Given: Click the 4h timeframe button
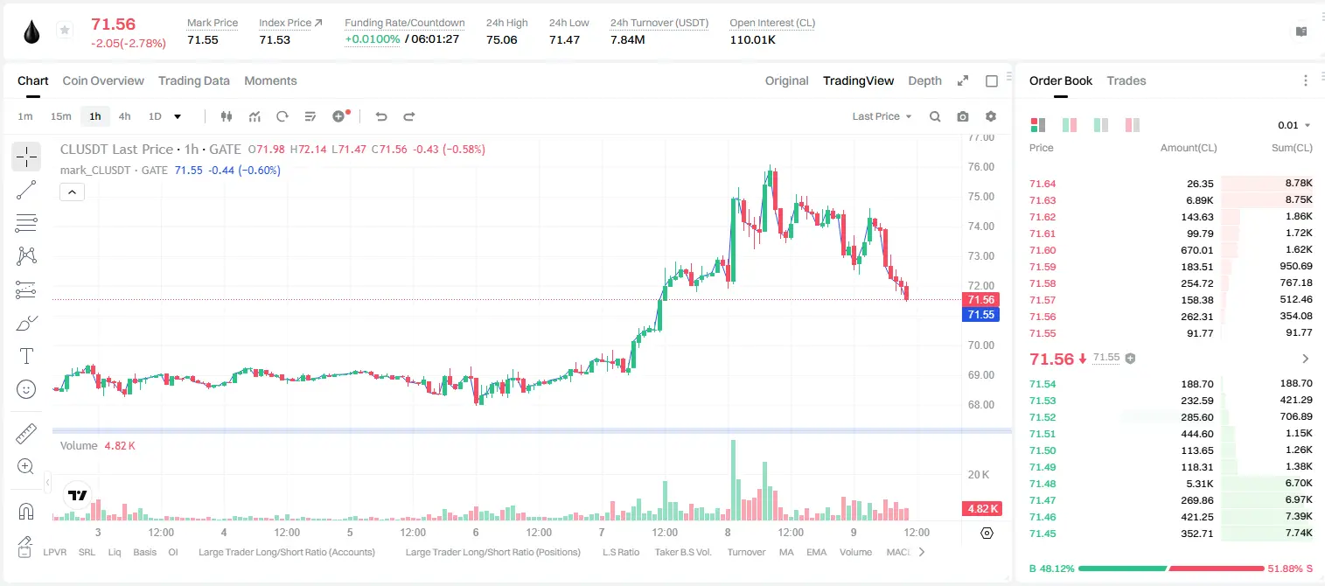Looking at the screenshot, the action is tap(124, 116).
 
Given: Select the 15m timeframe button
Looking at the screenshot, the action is tap(61, 116).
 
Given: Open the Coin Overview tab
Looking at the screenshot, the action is tap(103, 80).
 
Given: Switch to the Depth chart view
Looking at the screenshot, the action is tap(924, 80).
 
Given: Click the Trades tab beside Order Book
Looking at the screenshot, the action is tap(1126, 80).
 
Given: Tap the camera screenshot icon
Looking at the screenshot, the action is tap(963, 116).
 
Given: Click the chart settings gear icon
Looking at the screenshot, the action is tap(991, 116).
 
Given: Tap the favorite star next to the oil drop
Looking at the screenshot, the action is tap(65, 30).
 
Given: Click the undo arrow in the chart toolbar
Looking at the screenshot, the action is tap(381, 116).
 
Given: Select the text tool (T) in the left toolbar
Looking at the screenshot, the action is tap(26, 356).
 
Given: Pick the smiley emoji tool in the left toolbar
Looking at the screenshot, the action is tap(26, 389).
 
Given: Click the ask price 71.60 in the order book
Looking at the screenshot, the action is tap(1043, 250).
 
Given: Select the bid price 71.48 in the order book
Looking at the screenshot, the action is tap(1043, 484).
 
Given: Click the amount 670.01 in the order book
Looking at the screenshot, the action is tap(1196, 250).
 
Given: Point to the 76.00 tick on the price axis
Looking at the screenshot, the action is tap(980, 167).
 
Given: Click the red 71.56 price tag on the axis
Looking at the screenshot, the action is tap(980, 300).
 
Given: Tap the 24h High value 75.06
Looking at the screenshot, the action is tap(502, 39).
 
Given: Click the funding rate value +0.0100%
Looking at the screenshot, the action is tap(372, 39).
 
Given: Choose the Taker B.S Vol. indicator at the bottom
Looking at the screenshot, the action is tap(682, 552).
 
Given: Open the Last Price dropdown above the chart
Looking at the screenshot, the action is tap(882, 116).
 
